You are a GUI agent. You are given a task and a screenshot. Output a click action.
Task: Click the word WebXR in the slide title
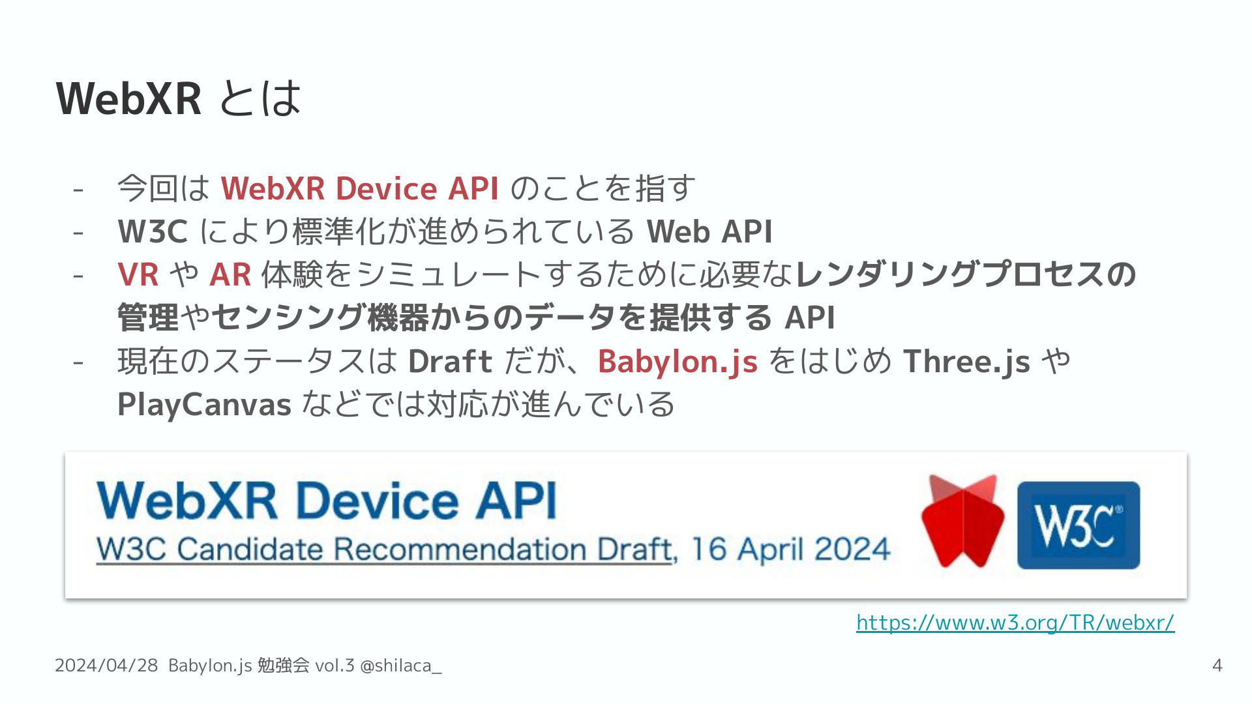[x=129, y=98]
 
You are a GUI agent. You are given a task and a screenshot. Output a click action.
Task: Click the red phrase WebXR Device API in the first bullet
[x=360, y=188]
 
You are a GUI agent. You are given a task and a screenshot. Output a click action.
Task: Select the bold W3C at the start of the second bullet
[x=153, y=231]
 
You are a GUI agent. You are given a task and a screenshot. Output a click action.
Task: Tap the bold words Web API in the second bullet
[x=709, y=231]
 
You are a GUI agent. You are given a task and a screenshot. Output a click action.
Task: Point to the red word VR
[x=138, y=274]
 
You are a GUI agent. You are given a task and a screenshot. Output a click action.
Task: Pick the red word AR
[x=230, y=274]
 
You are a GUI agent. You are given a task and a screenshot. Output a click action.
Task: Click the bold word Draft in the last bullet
[x=450, y=361]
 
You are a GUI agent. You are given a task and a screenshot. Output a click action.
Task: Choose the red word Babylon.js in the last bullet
[x=678, y=362]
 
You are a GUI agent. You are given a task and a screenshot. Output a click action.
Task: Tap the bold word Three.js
[x=966, y=362]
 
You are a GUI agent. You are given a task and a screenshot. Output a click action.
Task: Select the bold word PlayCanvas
[x=204, y=405]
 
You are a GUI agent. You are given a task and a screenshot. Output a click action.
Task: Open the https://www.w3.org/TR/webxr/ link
[x=1015, y=623]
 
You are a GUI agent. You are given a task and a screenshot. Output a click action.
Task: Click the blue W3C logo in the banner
[x=1079, y=525]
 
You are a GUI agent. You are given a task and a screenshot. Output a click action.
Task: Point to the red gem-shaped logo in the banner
[x=963, y=521]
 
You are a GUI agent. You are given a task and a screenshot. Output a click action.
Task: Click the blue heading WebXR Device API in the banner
[x=327, y=501]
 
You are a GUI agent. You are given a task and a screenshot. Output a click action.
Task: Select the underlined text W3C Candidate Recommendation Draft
[x=385, y=549]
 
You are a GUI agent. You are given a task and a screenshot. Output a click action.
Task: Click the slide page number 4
[x=1217, y=666]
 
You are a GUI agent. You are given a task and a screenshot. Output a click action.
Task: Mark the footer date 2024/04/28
[x=106, y=666]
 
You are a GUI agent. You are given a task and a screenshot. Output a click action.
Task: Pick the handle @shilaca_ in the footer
[x=401, y=666]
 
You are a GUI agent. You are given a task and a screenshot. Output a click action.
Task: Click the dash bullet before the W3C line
[x=78, y=233]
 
